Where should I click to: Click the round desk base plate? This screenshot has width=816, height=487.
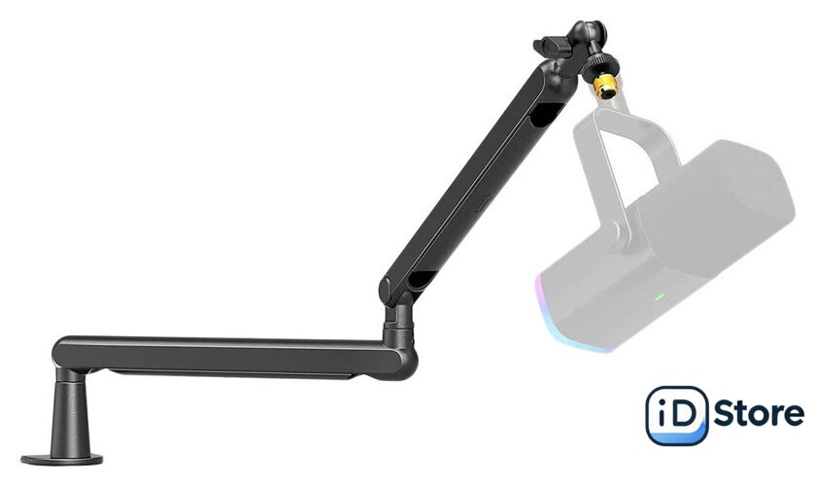coord(61,460)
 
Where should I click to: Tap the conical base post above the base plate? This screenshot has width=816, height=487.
coord(70,411)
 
